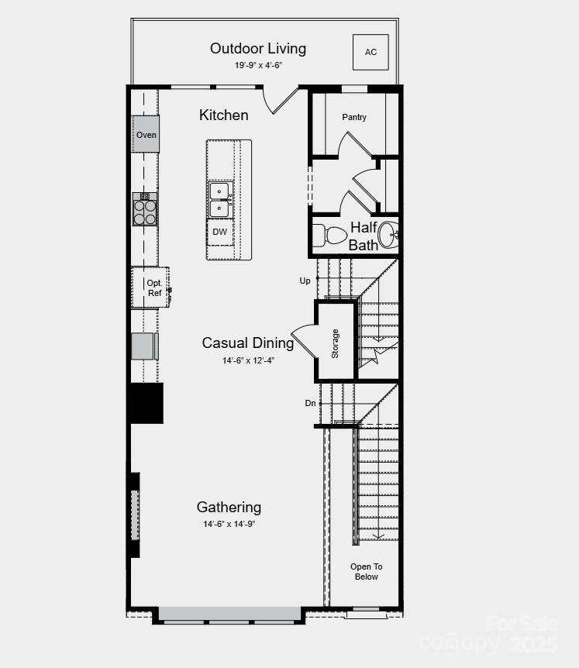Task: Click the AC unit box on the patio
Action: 370,52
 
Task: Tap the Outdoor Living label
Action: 258,48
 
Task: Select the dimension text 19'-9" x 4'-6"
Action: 258,65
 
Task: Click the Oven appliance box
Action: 146,134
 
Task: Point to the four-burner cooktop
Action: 145,212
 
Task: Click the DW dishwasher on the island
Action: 220,232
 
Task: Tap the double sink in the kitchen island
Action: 220,199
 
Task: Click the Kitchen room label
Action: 224,115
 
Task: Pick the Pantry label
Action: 354,117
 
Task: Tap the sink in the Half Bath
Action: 389,234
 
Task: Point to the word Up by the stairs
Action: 305,281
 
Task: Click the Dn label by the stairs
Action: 310,403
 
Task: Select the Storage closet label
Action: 336,343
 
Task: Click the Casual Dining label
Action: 248,343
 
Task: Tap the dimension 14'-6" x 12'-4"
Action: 248,360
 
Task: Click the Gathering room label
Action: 229,507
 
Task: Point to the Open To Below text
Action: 367,572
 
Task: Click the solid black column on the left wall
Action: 146,403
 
